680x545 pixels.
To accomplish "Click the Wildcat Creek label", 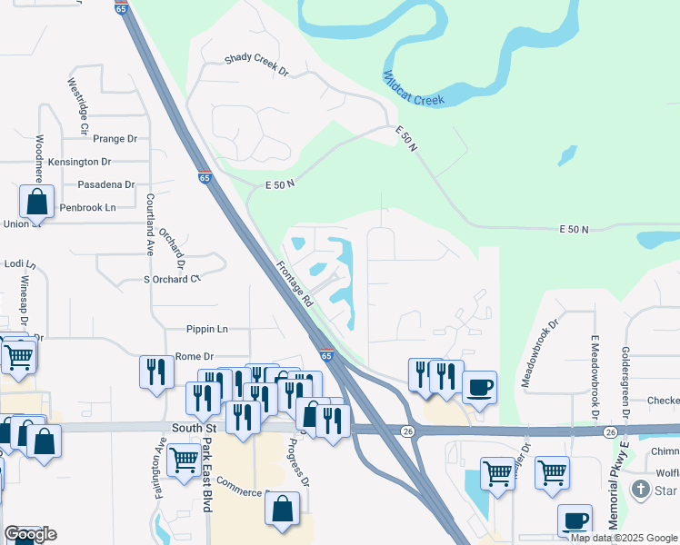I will click(x=414, y=88).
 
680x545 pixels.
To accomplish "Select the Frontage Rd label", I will click(x=295, y=283).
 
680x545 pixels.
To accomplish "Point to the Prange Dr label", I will click(x=115, y=139).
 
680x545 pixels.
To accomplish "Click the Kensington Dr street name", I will click(x=79, y=162).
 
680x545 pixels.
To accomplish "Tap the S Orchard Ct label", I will click(x=171, y=279).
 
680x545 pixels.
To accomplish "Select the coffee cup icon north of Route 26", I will click(x=479, y=387).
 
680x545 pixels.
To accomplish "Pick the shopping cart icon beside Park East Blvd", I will click(x=184, y=460).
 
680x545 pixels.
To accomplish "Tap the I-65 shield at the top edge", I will click(x=121, y=7).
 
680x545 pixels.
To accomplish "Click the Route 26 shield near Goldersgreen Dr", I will click(x=610, y=431).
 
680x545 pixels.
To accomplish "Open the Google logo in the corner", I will click(x=30, y=534).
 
